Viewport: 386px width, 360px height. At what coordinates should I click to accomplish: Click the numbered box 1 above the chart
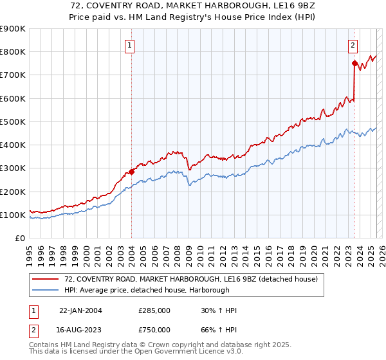131,45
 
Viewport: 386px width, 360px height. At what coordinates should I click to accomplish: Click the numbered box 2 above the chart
354,45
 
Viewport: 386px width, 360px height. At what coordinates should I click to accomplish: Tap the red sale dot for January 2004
131,172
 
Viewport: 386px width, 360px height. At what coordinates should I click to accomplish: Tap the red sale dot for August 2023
354,63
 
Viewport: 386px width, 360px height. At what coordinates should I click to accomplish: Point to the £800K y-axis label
13,52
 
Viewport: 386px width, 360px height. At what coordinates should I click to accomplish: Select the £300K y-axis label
13,168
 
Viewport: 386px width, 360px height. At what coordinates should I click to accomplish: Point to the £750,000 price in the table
154,329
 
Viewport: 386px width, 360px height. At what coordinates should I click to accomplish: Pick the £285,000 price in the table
154,311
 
